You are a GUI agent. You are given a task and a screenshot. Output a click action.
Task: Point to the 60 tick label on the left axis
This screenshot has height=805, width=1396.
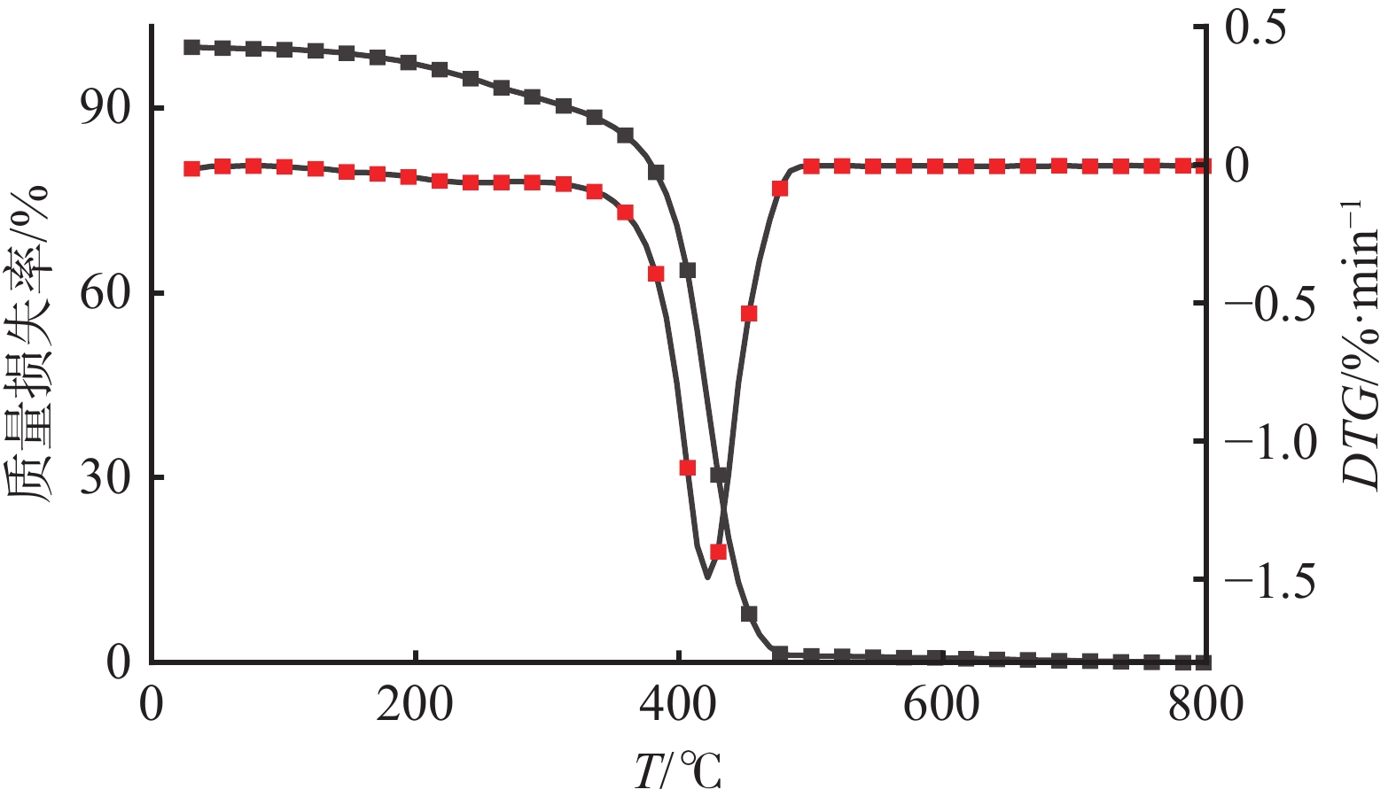point(104,292)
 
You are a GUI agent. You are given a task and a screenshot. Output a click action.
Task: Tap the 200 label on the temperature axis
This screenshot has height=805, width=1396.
point(414,706)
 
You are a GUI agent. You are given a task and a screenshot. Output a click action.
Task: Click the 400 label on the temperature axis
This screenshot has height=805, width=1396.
point(678,706)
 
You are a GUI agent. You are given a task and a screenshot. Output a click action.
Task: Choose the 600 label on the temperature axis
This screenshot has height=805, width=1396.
point(941,706)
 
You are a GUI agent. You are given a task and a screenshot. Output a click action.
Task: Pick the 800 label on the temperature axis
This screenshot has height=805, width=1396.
point(1205,706)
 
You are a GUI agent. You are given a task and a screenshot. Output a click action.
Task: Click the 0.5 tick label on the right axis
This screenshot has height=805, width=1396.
point(1266,28)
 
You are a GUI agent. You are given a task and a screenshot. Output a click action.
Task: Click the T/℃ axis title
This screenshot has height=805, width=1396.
point(678,770)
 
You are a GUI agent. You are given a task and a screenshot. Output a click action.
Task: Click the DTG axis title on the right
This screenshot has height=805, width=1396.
point(1361,345)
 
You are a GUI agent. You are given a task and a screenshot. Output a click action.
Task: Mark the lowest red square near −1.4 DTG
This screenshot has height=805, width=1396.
point(718,552)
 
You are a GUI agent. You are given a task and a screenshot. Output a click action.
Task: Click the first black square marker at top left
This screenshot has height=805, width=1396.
point(191,47)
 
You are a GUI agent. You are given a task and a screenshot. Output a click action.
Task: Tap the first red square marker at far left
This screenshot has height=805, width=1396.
point(191,169)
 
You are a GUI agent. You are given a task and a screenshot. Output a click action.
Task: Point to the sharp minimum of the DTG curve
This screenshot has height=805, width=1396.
point(707,577)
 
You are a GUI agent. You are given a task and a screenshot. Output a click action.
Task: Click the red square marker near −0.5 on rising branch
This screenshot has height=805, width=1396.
point(749,313)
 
